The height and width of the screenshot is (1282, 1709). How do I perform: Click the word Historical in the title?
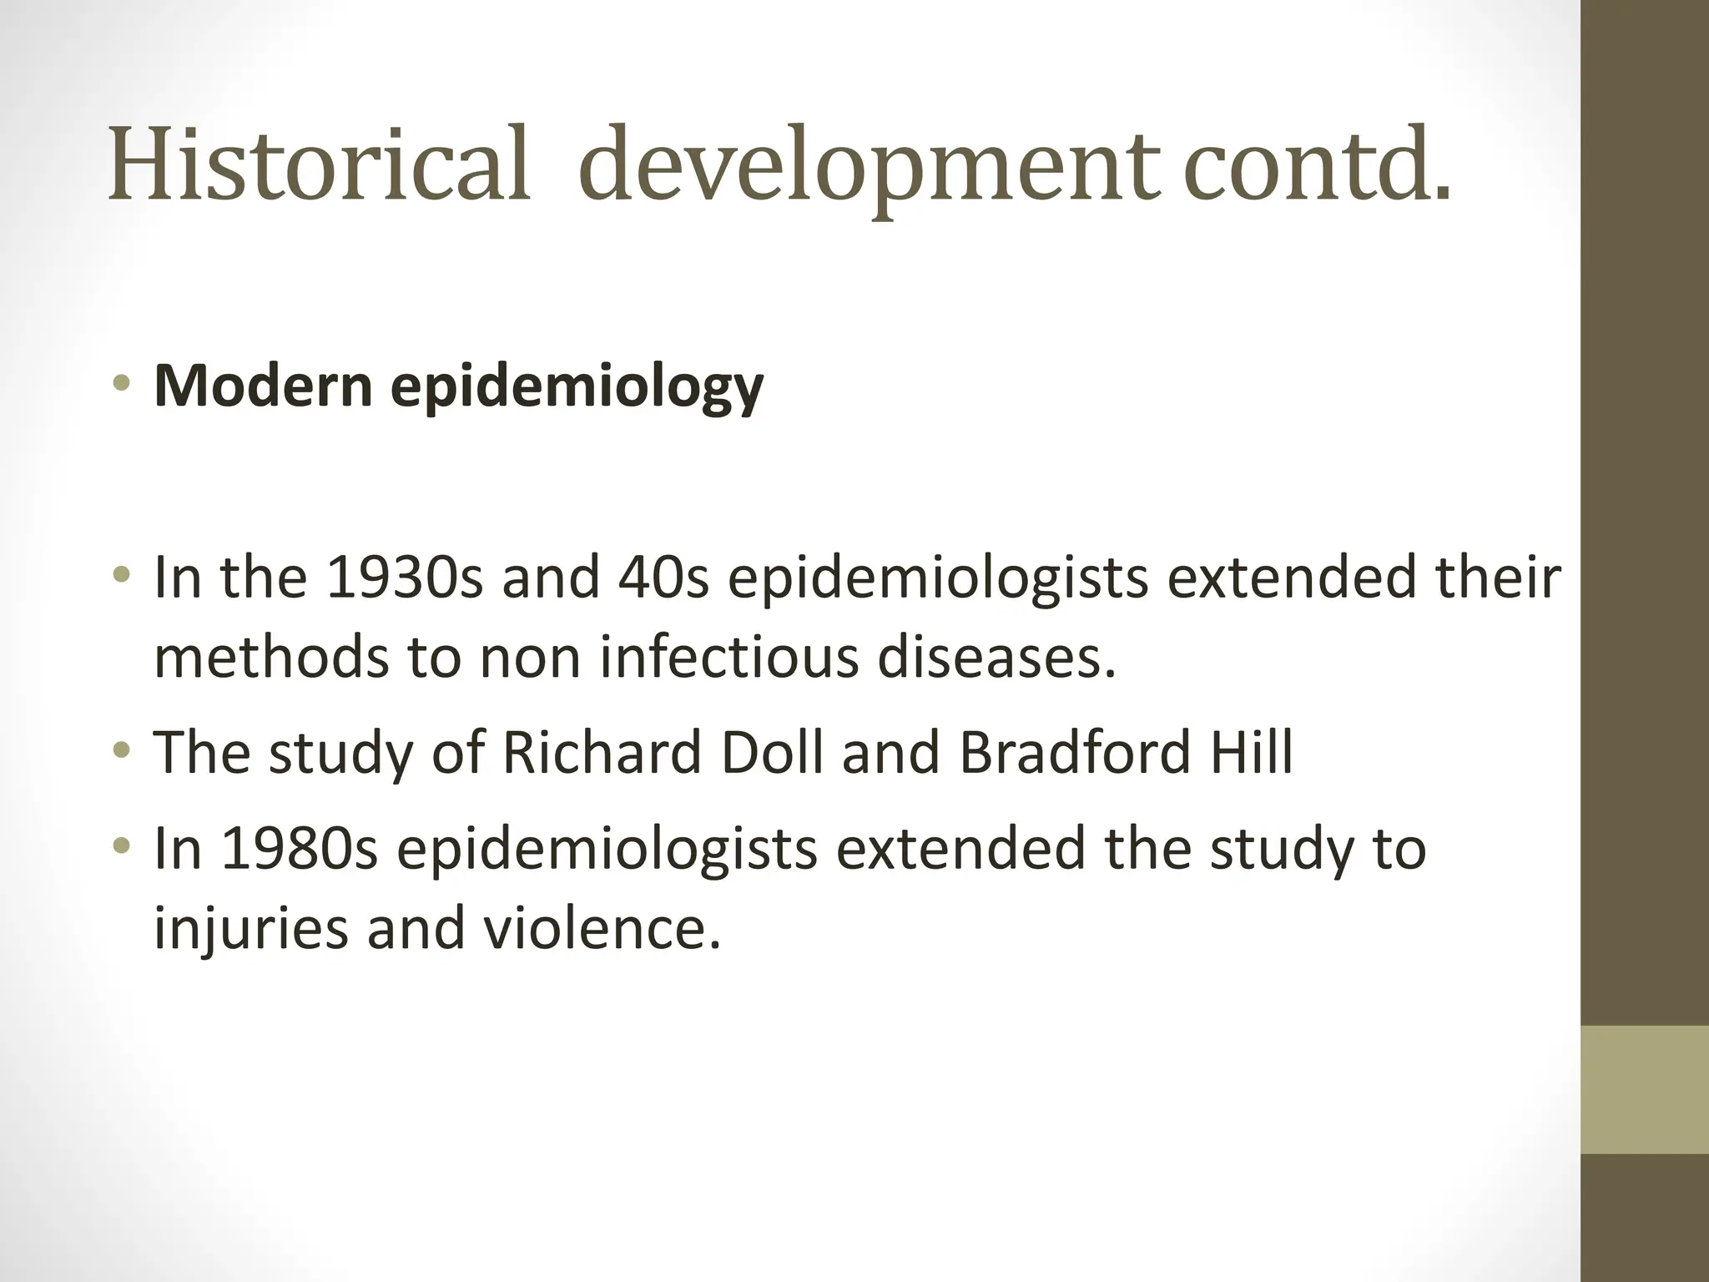[319, 164]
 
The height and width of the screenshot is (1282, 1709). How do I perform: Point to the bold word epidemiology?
[577, 389]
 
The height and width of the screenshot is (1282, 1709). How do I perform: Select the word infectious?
[728, 657]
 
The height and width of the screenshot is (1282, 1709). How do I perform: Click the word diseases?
[996, 657]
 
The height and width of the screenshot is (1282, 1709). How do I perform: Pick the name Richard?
[602, 752]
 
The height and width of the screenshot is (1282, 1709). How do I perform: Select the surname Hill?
[1251, 752]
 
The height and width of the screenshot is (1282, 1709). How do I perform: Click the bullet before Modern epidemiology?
[123, 384]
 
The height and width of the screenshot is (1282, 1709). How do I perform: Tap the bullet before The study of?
[123, 750]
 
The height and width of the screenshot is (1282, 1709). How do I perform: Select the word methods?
[271, 657]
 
